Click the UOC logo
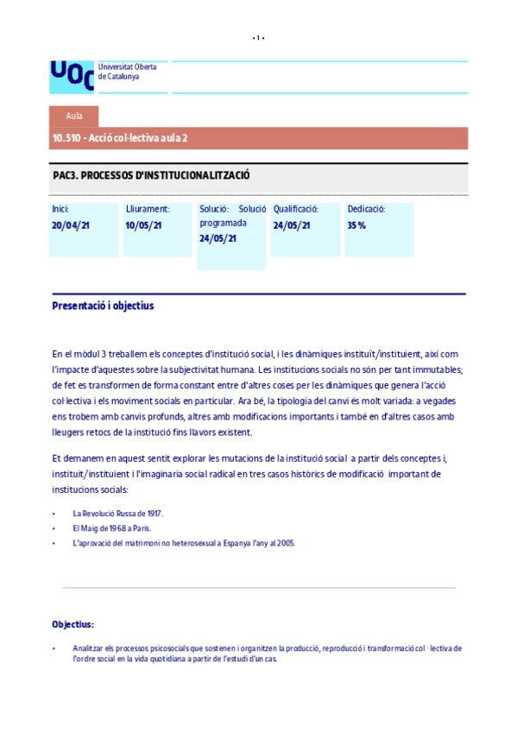tap(72, 76)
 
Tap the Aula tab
tap(74, 116)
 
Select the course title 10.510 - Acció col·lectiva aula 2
tap(120, 138)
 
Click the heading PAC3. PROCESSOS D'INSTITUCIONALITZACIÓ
tap(151, 175)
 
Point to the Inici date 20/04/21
tap(71, 225)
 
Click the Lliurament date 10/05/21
tap(144, 225)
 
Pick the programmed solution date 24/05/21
tap(218, 238)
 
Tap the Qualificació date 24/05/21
tap(292, 225)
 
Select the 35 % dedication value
tap(356, 225)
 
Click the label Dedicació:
tap(366, 209)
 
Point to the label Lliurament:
tap(148, 209)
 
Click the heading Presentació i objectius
tap(103, 306)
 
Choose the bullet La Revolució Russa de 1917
tap(117, 514)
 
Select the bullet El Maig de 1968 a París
tap(112, 528)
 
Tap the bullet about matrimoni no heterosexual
tap(184, 543)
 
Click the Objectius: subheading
tap(73, 624)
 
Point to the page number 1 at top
tap(258, 38)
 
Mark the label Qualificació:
tap(296, 209)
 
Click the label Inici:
tap(60, 209)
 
